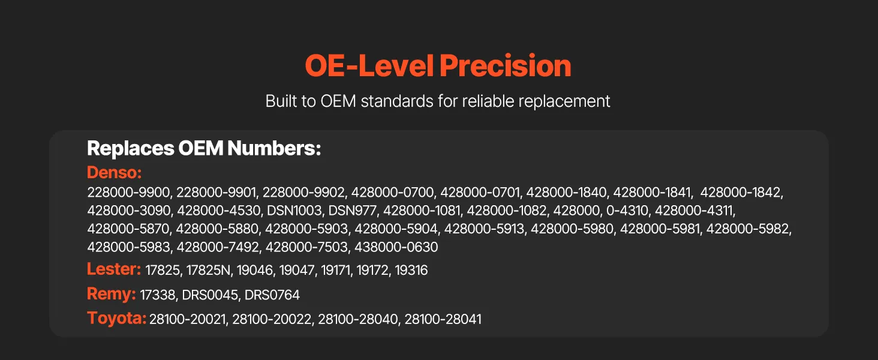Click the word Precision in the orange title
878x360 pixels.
point(505,65)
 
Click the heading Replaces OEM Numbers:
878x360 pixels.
point(204,148)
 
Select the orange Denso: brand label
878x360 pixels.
point(114,172)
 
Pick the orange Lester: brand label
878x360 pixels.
point(114,269)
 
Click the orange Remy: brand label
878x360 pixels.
point(112,294)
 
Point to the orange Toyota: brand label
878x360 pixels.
point(116,317)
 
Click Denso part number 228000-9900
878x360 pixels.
point(128,192)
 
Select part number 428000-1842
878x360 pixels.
point(741,192)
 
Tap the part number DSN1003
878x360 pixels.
point(294,211)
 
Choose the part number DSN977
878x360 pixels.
point(353,211)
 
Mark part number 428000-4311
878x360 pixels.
point(694,211)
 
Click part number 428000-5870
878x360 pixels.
point(128,229)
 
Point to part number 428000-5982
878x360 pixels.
point(747,229)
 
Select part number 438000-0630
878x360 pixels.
point(396,247)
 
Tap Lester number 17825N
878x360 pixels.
point(208,270)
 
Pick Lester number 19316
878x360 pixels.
point(411,270)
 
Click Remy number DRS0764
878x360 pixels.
point(272,295)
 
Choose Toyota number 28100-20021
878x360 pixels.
point(187,319)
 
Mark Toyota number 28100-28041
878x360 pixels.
point(443,319)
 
